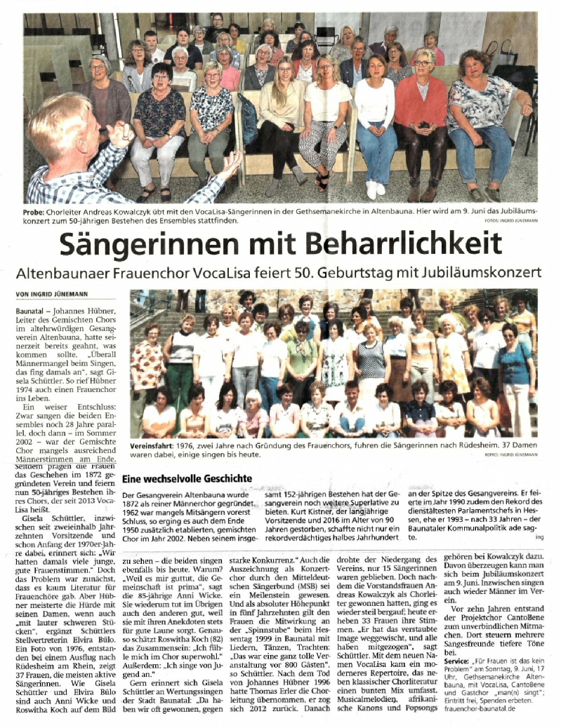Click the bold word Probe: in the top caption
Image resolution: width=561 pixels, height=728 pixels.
[x=40, y=211]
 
